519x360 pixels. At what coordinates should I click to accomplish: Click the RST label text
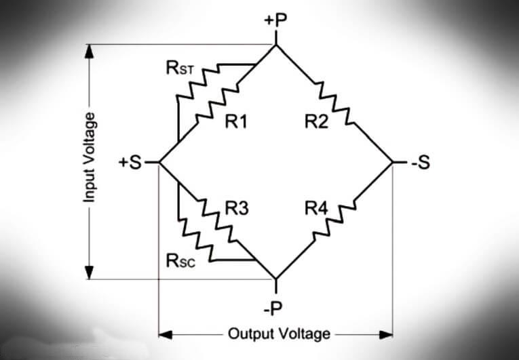click(x=180, y=67)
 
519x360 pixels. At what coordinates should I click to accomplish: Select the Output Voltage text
click(x=278, y=334)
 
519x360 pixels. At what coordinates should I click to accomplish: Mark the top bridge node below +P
click(x=275, y=45)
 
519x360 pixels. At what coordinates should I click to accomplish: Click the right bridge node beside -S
click(x=393, y=163)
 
